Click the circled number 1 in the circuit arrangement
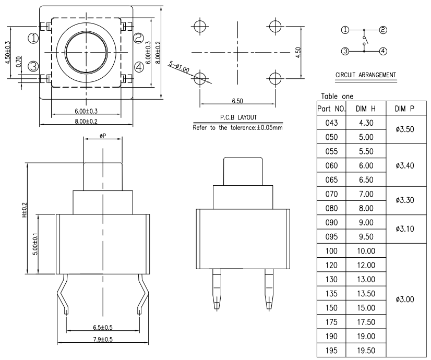click(x=345, y=30)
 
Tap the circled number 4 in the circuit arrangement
click(x=383, y=51)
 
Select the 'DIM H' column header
click(x=366, y=109)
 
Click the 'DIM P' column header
click(x=404, y=109)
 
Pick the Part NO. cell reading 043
click(x=331, y=123)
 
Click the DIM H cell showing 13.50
click(x=366, y=294)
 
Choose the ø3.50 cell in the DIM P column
click(x=405, y=129)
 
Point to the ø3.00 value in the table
click(x=405, y=299)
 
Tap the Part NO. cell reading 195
click(x=331, y=351)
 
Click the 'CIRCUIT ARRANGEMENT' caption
click(x=366, y=75)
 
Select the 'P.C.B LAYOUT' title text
click(x=238, y=117)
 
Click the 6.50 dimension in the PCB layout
click(x=237, y=101)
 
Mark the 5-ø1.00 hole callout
click(x=179, y=67)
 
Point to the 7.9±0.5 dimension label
click(x=103, y=339)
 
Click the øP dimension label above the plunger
click(x=103, y=136)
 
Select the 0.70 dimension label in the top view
click(x=19, y=62)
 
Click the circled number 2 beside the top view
click(x=139, y=38)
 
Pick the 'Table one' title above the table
click(x=337, y=97)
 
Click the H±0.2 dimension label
click(x=25, y=210)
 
